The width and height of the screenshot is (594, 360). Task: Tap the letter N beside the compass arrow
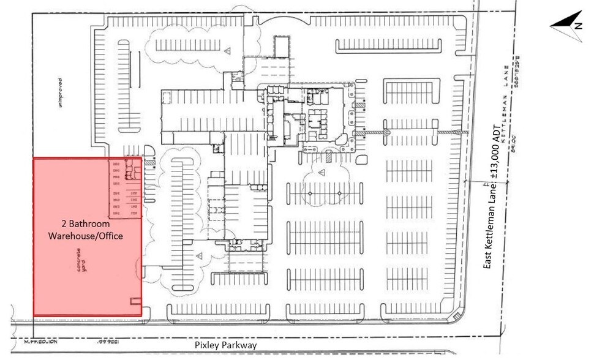click(577, 26)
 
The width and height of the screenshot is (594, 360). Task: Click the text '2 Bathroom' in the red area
click(85, 225)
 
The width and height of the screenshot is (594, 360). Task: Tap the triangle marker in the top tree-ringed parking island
click(226, 50)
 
